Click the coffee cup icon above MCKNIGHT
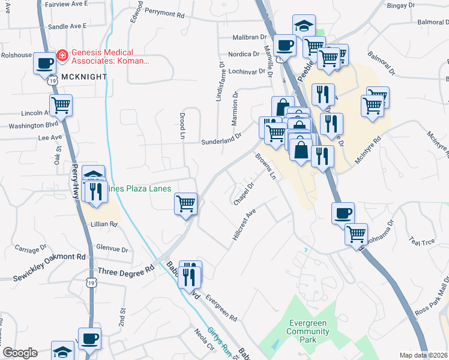tap(44, 62)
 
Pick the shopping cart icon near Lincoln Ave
tap(61, 105)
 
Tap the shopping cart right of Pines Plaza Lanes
tap(186, 203)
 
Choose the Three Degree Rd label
tap(126, 271)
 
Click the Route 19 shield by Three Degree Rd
tap(91, 282)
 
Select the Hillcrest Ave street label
tap(244, 226)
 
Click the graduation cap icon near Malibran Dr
tap(304, 26)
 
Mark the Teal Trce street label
tap(421, 242)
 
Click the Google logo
tap(20, 353)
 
